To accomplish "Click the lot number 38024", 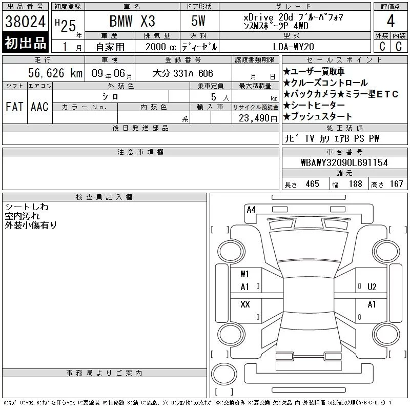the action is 25,22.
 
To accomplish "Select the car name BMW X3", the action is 132,21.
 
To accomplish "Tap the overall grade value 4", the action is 391,21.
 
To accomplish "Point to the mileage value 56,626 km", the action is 55,73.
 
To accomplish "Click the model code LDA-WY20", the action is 293,47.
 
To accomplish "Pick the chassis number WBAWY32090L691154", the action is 344,162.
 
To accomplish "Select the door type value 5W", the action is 198,21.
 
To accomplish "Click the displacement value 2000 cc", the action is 161,47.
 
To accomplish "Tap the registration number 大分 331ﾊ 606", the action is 183,73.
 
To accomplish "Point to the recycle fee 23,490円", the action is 258,118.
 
